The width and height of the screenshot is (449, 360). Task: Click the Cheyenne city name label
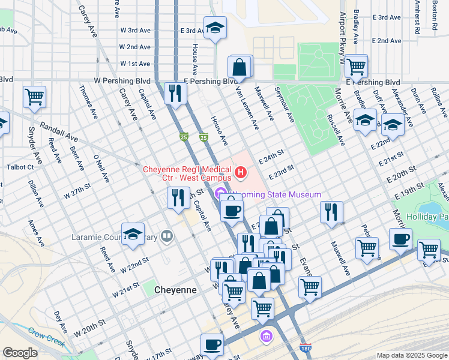175,290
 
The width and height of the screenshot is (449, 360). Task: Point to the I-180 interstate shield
306,347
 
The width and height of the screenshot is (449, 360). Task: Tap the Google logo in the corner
20,353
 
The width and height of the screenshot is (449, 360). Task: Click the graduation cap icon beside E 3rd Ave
215,29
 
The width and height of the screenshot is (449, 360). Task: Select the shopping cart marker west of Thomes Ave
35,97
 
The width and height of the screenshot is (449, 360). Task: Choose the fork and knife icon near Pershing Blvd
175,93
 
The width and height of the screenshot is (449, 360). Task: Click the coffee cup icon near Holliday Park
400,239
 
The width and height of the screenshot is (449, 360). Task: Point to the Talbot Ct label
19,167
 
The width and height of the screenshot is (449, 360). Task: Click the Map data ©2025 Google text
412,355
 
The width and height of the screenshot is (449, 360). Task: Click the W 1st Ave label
135,64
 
